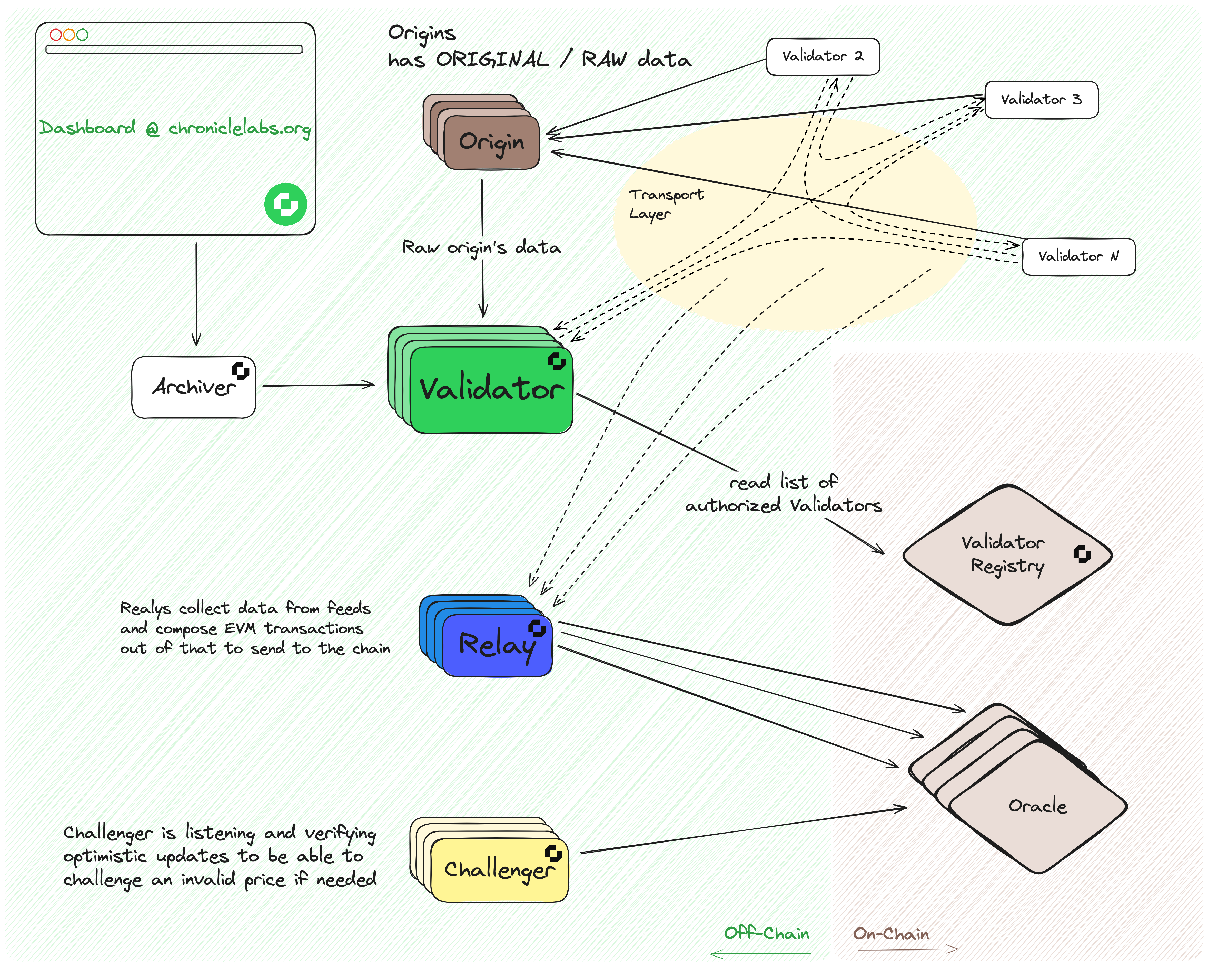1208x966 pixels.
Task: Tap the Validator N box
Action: tap(1078, 257)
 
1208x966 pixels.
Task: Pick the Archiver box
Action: tap(193, 387)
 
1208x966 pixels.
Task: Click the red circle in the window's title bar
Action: tap(55, 35)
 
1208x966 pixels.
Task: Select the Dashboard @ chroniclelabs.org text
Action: tap(175, 128)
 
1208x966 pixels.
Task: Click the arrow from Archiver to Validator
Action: tap(318, 385)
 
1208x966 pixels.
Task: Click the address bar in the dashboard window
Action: tap(174, 49)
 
